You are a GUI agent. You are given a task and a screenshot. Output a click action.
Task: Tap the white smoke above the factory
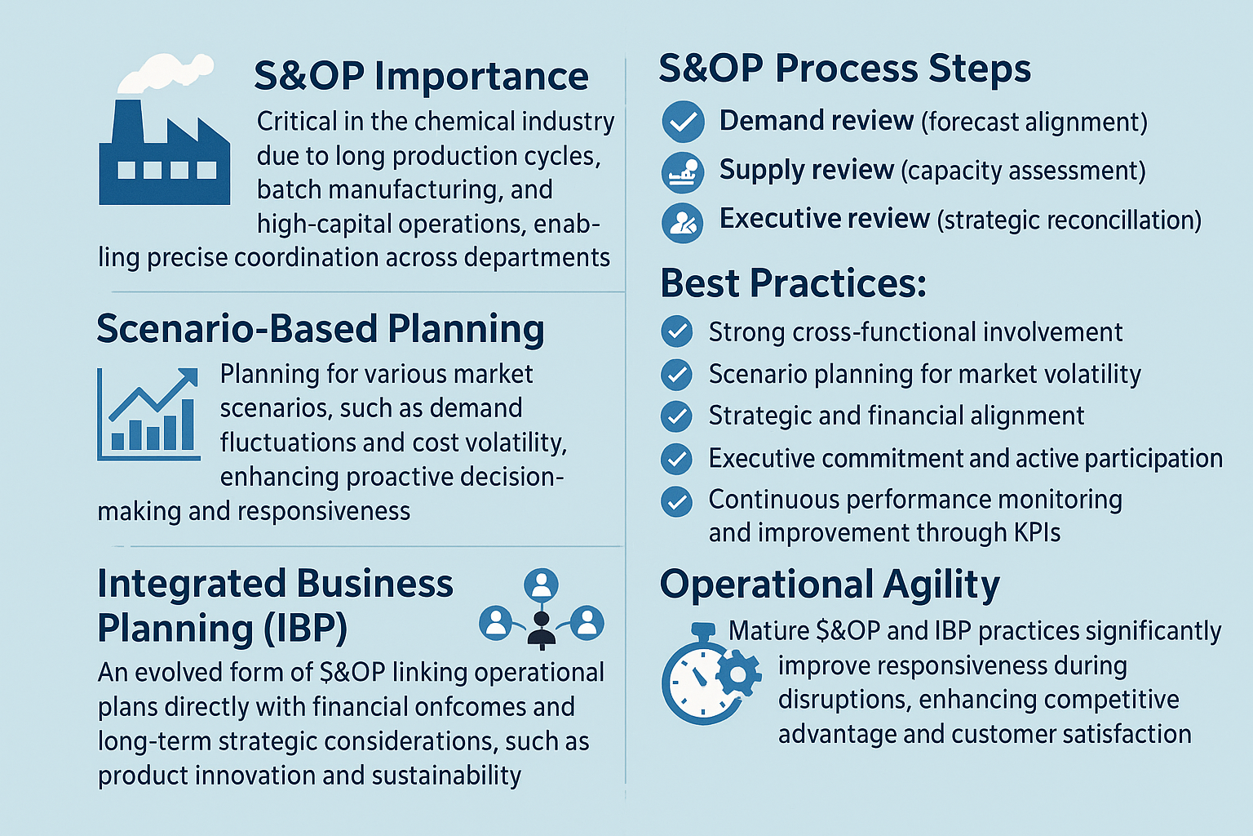click(166, 73)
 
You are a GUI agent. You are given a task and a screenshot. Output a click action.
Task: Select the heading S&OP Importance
click(421, 76)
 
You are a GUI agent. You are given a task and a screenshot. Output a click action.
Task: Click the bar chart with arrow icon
click(148, 415)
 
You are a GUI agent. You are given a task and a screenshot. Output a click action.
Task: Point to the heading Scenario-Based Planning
click(321, 329)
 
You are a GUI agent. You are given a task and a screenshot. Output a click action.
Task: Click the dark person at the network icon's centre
click(541, 630)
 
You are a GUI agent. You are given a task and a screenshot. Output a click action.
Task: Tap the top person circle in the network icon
click(541, 585)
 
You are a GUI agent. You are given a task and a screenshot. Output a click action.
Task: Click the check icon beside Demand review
click(683, 122)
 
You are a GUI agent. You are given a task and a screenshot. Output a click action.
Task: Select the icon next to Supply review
click(683, 172)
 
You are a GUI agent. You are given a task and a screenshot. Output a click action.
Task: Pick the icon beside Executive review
click(683, 223)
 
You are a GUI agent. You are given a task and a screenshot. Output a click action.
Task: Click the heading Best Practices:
click(793, 283)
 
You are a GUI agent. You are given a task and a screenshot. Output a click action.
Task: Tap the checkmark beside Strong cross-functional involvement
click(677, 331)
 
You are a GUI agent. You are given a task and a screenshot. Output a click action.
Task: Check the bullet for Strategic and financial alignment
click(677, 416)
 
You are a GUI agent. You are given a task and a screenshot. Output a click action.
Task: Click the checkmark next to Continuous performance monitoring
click(677, 501)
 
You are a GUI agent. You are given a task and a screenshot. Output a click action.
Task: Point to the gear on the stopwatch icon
click(738, 674)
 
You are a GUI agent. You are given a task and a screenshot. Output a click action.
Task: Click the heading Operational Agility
click(830, 585)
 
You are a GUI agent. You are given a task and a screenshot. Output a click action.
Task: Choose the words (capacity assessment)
click(1023, 171)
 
